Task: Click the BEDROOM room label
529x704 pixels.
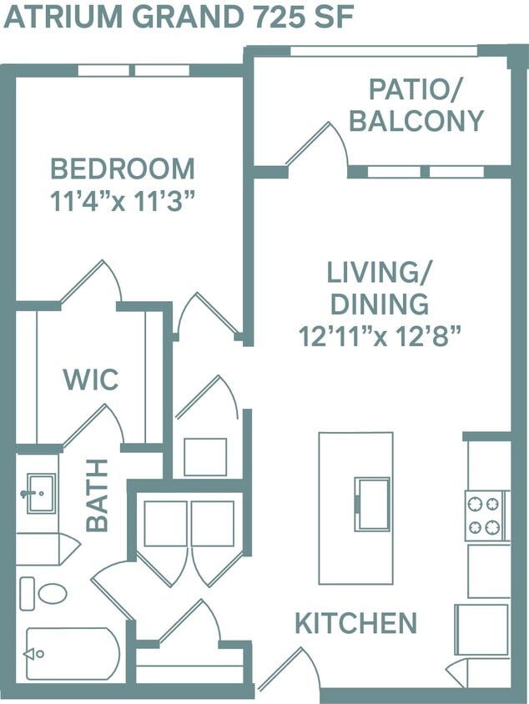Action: point(123,168)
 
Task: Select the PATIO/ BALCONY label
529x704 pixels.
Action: point(416,105)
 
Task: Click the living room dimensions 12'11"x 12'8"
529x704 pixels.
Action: point(380,336)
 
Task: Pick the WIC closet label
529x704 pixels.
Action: point(91,380)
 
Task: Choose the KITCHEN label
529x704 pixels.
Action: point(355,622)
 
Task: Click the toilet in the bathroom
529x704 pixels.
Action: point(47,593)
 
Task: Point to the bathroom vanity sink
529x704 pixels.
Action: point(38,492)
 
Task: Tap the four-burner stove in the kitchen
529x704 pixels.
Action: point(486,515)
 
